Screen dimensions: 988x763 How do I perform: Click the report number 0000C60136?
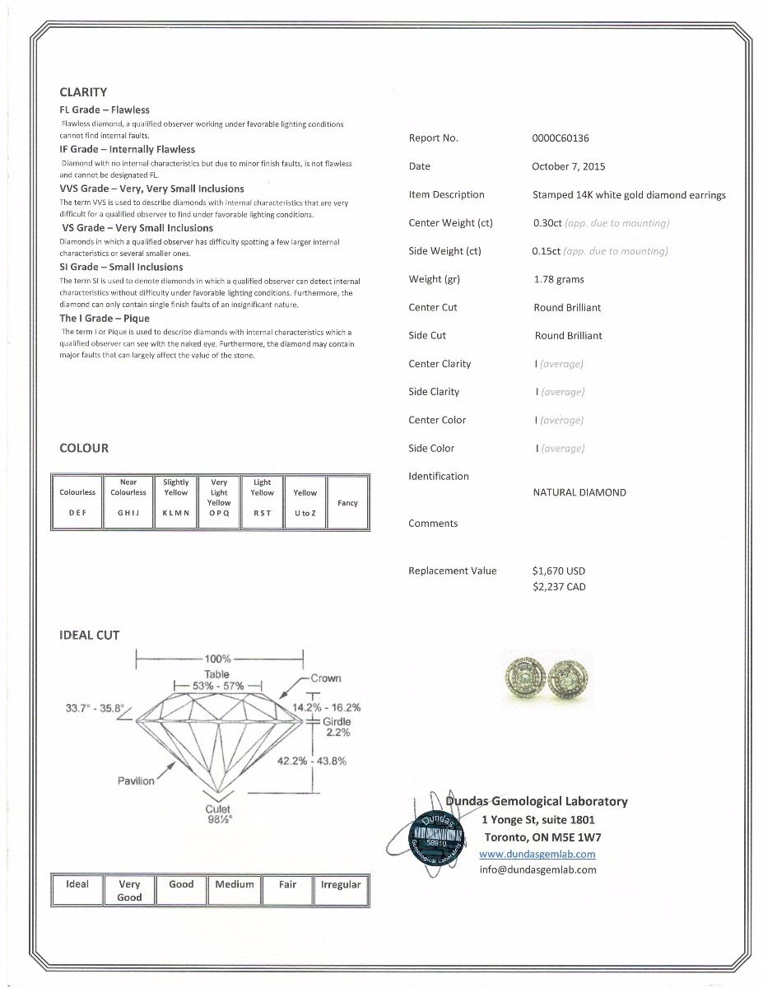click(561, 138)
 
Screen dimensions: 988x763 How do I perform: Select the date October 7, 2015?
click(568, 166)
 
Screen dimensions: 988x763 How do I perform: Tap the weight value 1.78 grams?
click(558, 279)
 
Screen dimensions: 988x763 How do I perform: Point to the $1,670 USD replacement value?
click(559, 571)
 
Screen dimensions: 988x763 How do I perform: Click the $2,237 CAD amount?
click(559, 587)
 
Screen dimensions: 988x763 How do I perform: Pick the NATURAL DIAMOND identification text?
click(579, 492)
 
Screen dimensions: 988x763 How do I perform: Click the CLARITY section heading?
click(83, 92)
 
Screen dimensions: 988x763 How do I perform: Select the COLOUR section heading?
click(84, 448)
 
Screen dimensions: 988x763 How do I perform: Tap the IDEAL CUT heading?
click(89, 635)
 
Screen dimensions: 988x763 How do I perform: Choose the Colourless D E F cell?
click(77, 502)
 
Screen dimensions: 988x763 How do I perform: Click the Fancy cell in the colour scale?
click(347, 502)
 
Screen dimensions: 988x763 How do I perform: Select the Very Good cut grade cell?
click(129, 890)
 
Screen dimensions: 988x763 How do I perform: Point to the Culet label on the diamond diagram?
click(217, 809)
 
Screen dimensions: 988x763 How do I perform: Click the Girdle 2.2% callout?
click(337, 726)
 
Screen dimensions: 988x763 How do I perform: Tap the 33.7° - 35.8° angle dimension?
click(95, 708)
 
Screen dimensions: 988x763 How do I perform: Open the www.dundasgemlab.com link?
click(537, 855)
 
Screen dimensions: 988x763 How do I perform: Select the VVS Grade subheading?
click(151, 189)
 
